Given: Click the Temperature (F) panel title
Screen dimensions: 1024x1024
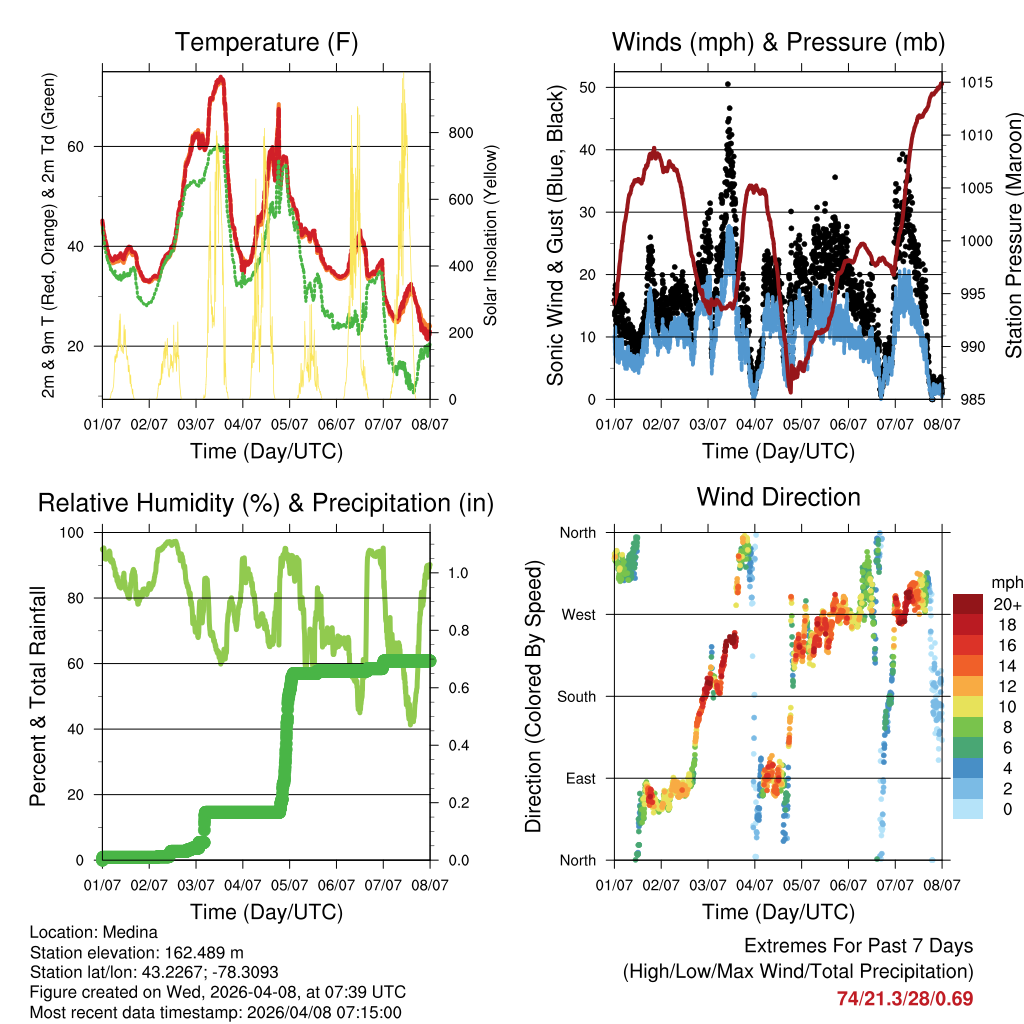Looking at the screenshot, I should click(266, 43).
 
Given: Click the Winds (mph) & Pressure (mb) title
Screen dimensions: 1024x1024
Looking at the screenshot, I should click(778, 43).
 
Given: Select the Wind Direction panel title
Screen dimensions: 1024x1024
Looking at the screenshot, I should click(778, 497).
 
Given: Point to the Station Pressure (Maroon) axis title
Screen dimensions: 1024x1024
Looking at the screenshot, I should click(1013, 235).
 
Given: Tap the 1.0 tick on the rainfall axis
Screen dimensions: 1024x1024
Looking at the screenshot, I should click(459, 574).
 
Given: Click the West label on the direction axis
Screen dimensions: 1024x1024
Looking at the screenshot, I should click(578, 614).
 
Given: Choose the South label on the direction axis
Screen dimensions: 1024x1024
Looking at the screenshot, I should click(575, 696).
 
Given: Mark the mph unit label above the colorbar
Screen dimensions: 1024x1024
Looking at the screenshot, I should click(1005, 582).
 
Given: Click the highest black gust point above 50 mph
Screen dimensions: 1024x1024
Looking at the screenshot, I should click(728, 84).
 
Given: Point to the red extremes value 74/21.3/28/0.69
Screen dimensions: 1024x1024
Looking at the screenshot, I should click(904, 998).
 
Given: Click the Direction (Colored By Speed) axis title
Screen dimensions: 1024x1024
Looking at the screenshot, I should click(533, 696).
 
